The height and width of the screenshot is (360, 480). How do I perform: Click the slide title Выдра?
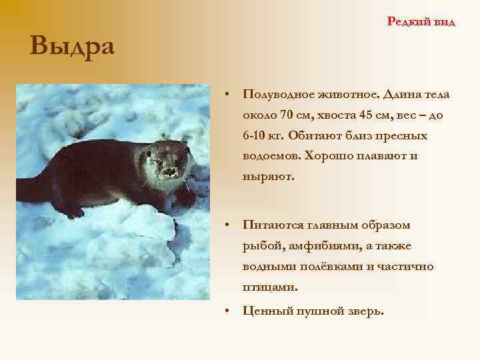click(x=72, y=47)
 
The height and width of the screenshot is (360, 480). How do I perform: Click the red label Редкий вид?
click(x=421, y=22)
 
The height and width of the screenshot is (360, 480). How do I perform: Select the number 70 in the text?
click(x=288, y=115)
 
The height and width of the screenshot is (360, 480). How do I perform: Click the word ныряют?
click(x=268, y=177)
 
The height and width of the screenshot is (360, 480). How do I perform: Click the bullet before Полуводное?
click(x=228, y=95)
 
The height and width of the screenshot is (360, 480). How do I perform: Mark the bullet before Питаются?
click(x=228, y=225)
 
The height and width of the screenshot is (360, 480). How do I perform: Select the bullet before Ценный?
click(x=228, y=310)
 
